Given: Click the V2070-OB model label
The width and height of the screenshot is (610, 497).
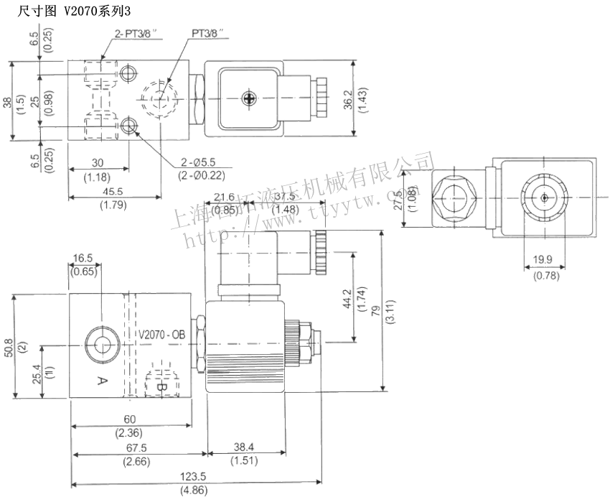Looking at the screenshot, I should coord(161,335).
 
